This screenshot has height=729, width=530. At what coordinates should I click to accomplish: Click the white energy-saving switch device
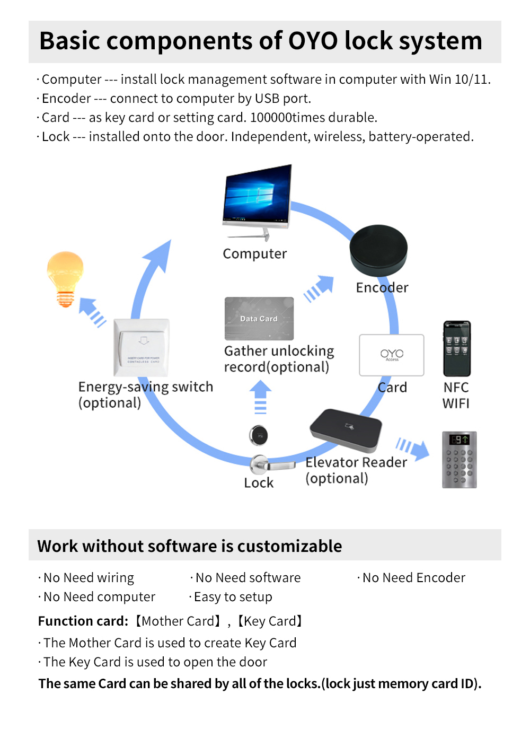(142, 347)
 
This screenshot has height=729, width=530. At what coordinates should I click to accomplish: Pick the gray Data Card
(259, 319)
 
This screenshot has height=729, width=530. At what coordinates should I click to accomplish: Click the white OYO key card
(392, 355)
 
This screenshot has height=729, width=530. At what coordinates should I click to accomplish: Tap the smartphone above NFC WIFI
(457, 348)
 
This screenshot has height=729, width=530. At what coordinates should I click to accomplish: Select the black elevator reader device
(346, 430)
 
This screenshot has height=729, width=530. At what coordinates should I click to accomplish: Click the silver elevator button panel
(460, 460)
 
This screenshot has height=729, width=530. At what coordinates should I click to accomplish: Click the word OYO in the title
(313, 41)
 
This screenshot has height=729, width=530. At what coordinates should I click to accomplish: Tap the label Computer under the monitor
(254, 254)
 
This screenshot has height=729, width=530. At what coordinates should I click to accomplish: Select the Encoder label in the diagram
(382, 288)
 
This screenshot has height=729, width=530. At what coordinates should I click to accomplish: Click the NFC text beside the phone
(456, 388)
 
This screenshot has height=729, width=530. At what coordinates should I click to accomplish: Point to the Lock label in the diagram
(259, 483)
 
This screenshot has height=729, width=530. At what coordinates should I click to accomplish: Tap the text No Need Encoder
(413, 578)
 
